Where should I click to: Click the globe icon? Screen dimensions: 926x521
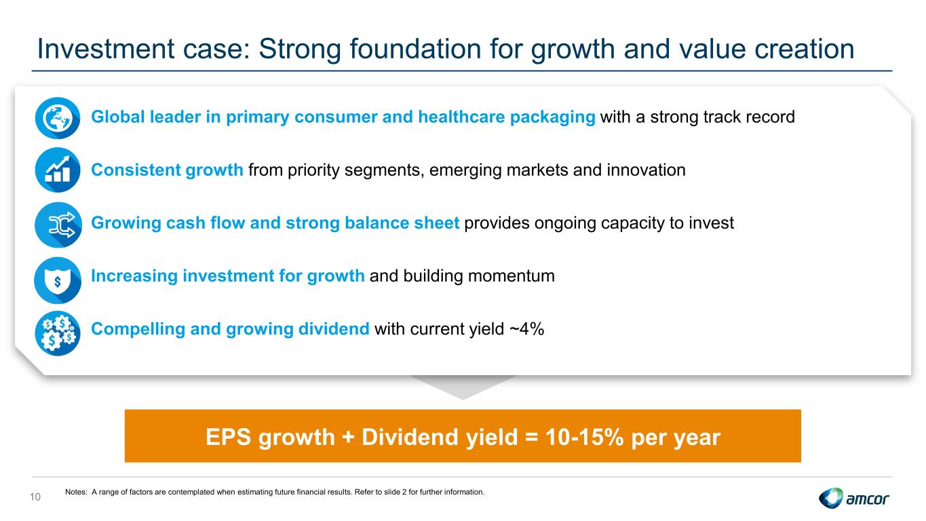coord(58,118)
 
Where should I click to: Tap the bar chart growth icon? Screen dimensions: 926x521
coord(58,170)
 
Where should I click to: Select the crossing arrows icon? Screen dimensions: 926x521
coord(58,225)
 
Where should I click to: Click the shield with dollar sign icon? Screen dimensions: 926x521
coord(58,280)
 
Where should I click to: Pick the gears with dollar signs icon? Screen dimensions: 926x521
coord(58,333)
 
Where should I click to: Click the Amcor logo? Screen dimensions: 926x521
coord(853,498)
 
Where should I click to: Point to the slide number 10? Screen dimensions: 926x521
coord(35,497)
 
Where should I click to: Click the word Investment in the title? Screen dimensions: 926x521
coord(106,49)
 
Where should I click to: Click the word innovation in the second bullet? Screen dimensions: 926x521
coord(646,170)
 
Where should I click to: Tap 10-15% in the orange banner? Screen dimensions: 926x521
coord(584,437)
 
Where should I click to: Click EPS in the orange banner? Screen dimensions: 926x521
coord(228,437)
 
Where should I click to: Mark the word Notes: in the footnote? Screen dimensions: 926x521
coord(76,492)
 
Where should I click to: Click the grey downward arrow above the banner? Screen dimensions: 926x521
coord(463,387)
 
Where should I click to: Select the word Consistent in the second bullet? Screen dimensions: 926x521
coord(136,170)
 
